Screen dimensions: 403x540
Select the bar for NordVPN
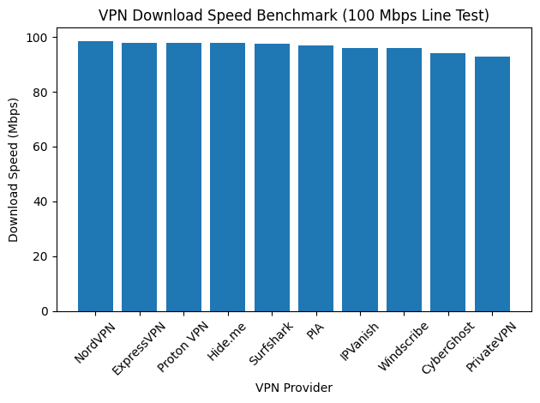(95, 176)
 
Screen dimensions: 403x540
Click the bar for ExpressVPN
(139, 177)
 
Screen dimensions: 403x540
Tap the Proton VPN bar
(183, 177)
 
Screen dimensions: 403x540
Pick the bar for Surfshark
(272, 177)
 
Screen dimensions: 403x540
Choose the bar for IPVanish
(360, 179)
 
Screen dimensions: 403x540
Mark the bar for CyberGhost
(447, 182)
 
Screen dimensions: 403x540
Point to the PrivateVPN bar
(492, 183)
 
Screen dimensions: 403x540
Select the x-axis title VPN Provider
(293, 388)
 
